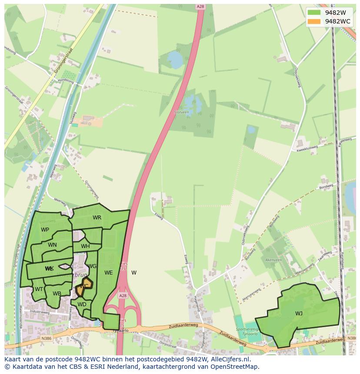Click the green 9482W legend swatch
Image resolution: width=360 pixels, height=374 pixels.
pos(313,13)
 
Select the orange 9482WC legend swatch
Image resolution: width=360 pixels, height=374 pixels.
pos(313,21)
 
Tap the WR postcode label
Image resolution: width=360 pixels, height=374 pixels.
pos(97,218)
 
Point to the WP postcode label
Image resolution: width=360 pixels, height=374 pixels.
pos(45,230)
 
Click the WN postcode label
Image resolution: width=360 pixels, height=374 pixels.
pos(52,245)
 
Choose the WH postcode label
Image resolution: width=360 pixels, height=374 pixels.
pos(85,246)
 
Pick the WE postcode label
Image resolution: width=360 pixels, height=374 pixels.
pos(108,273)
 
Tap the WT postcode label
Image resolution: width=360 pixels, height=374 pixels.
pos(39,289)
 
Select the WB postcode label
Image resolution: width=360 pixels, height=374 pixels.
pos(57,294)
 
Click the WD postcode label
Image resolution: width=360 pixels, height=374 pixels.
pos(82,304)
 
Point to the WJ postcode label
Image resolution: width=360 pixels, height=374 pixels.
pos(299,314)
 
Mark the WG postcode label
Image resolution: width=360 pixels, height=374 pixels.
pos(92,266)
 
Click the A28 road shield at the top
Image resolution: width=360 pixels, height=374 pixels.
pos(200,7)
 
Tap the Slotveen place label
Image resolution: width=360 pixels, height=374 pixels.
pos(181,112)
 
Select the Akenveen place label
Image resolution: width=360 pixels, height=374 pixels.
pos(273,260)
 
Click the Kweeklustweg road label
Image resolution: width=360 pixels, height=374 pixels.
pos(307,149)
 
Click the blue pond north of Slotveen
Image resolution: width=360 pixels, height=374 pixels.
pos(175,58)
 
